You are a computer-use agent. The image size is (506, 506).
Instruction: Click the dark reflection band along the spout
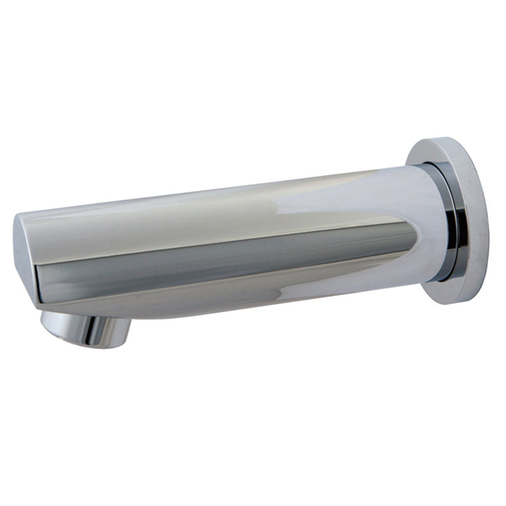[217, 260]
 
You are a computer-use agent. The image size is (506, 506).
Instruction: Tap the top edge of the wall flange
[437, 139]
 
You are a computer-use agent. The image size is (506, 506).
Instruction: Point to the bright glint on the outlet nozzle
[90, 331]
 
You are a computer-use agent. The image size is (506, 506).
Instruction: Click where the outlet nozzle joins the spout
[87, 315]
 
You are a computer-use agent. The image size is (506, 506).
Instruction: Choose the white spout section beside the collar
[426, 217]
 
